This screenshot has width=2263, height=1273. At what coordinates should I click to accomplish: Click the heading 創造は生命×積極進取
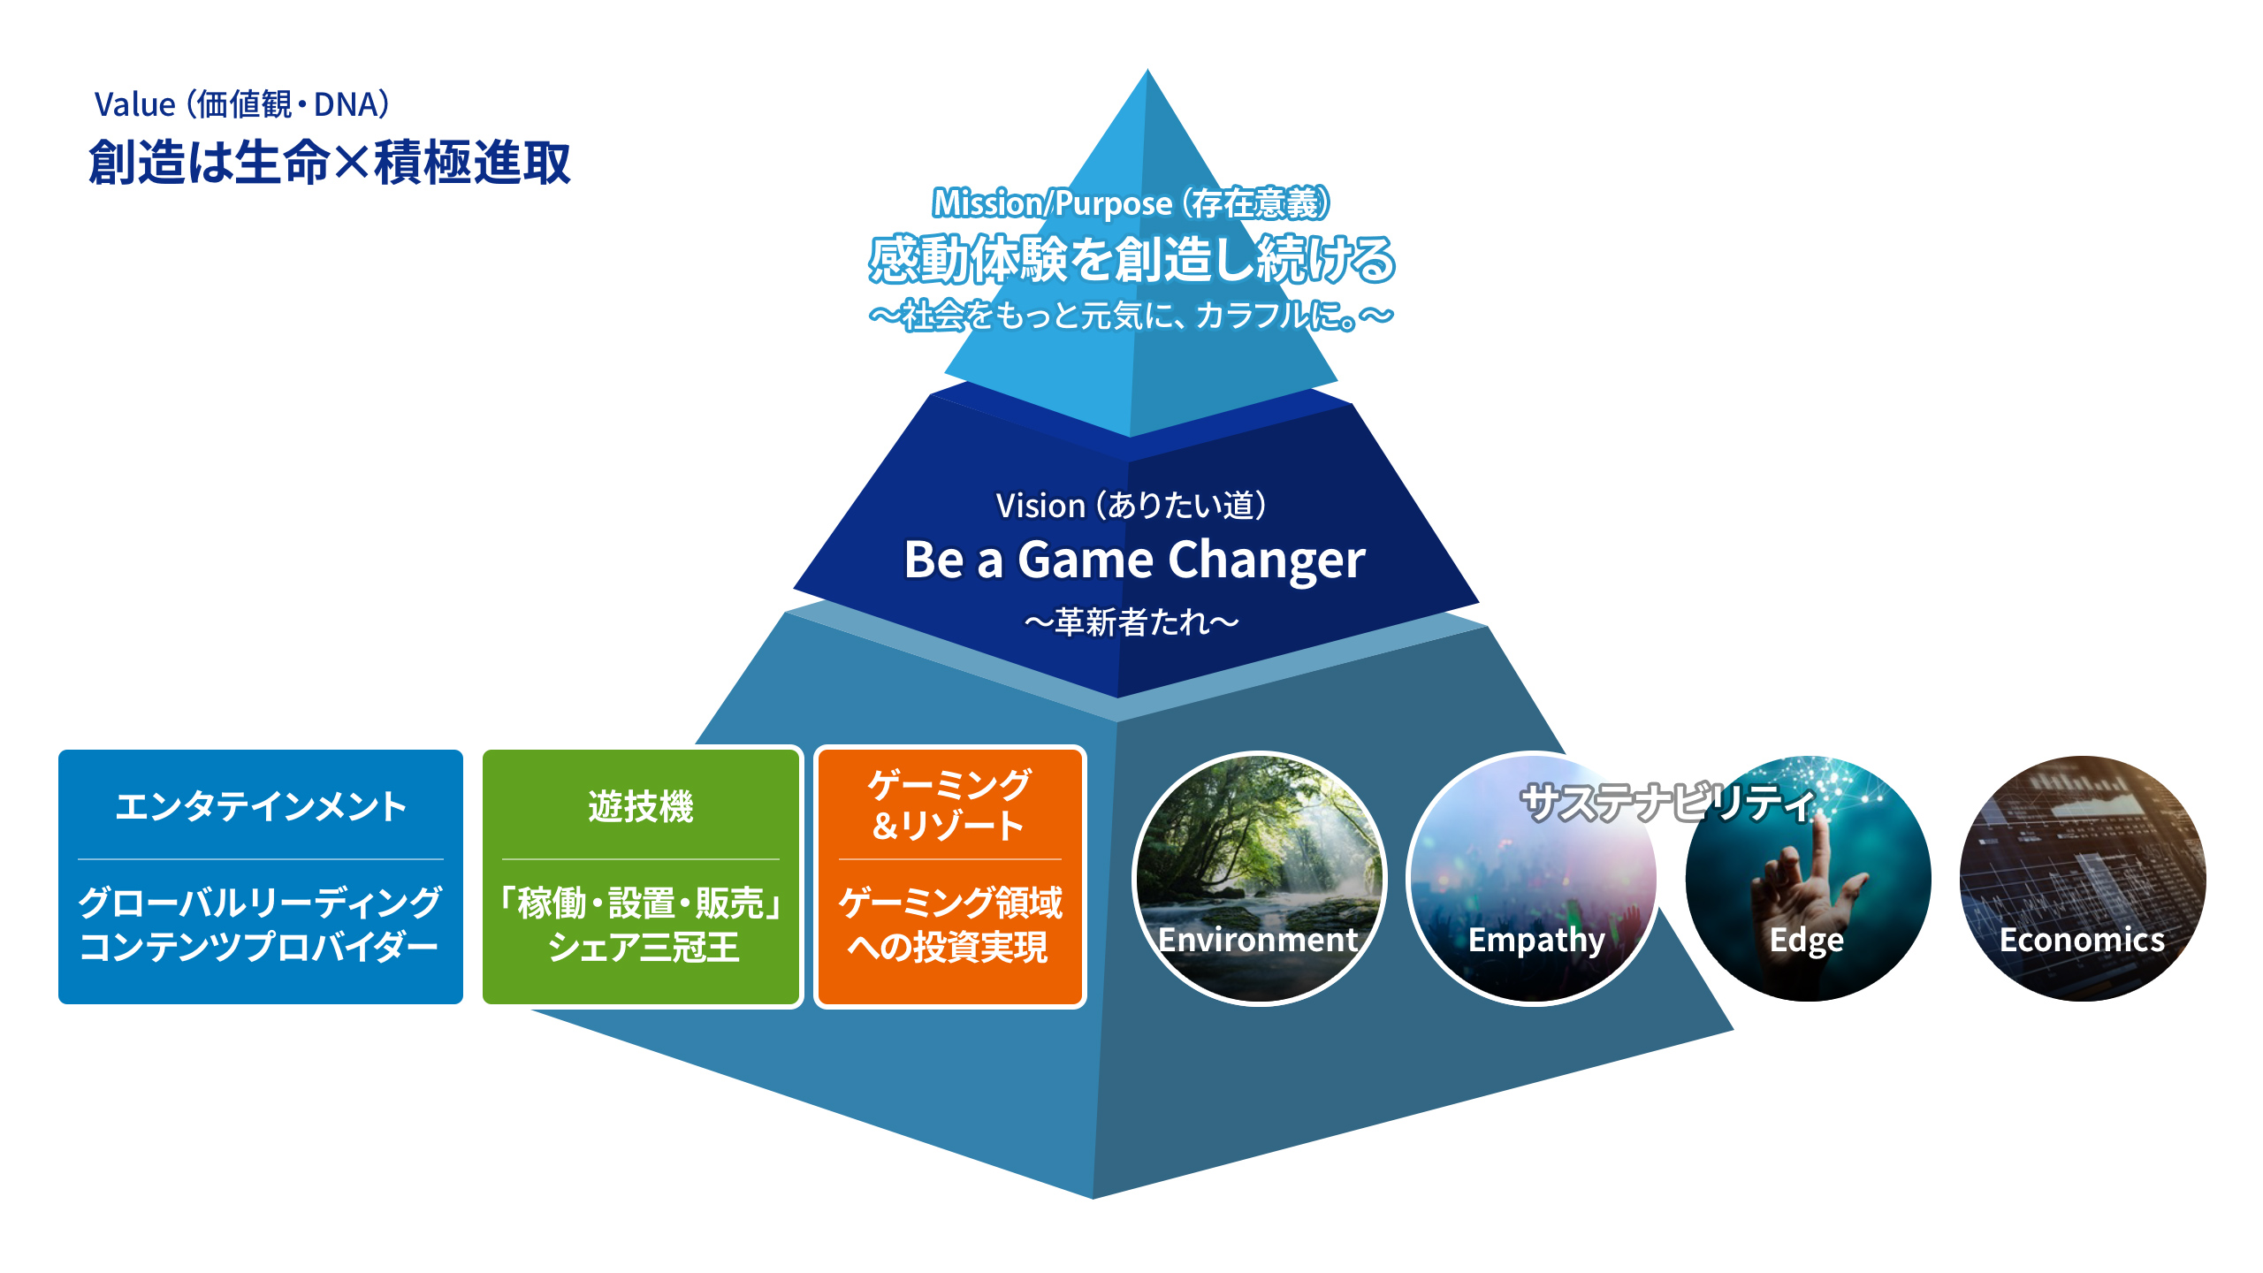coord(330,163)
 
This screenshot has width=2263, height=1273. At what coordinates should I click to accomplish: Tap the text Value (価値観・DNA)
coord(241,104)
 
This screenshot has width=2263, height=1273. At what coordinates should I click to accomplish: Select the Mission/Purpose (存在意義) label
coord(1131,203)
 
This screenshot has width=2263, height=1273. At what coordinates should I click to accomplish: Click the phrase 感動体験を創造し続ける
coord(1131,260)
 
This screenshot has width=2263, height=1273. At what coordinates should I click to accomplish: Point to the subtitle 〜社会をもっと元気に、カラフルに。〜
coord(1131,316)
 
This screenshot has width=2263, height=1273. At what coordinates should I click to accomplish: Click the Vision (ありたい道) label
coord(1131,506)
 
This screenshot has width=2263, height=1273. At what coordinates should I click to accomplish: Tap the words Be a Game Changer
coord(1134,560)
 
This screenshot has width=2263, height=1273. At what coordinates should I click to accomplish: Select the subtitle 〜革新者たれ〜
coord(1131,622)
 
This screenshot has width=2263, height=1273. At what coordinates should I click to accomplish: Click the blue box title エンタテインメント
coord(261,806)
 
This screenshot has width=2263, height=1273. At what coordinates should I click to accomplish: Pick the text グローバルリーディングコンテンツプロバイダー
coord(260,925)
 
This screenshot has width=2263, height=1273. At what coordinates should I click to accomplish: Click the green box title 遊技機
coord(641,806)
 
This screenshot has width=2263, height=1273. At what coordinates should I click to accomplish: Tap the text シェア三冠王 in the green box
coord(643,948)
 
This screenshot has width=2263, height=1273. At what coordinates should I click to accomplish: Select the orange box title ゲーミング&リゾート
coord(949,804)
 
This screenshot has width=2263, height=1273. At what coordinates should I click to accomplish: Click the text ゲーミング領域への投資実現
coord(950,925)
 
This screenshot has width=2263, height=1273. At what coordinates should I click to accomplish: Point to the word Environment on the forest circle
coord(1258,940)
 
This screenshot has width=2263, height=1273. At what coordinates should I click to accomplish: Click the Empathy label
coord(1536,941)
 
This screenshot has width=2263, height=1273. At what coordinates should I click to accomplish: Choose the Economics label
coord(2083,940)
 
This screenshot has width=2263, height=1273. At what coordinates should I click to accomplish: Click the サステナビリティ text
coord(1668,803)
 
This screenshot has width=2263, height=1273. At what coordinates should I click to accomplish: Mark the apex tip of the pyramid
coord(1147,70)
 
